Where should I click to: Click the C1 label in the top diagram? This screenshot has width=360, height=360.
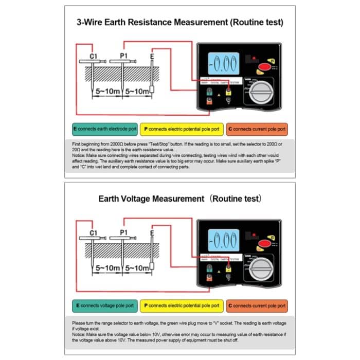tap(93, 55)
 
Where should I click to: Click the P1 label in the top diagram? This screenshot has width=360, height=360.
tap(123, 55)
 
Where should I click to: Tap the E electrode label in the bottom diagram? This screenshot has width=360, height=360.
tap(152, 233)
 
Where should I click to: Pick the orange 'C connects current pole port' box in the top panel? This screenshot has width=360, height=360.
tap(257, 129)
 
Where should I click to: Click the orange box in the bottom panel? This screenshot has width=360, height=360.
tap(257, 305)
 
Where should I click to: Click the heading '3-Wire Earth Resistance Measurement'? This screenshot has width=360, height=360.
tap(179, 23)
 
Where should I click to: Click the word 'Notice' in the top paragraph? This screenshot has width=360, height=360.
tap(78, 154)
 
